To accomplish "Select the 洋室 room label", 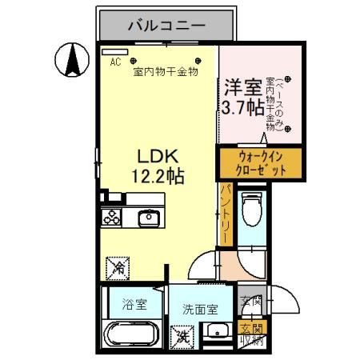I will coord(242,86).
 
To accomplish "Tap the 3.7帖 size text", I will coord(243,106).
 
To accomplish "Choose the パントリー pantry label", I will coord(226,212).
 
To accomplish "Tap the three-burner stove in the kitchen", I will coord(111,217).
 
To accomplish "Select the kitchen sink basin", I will coord(149,218).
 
